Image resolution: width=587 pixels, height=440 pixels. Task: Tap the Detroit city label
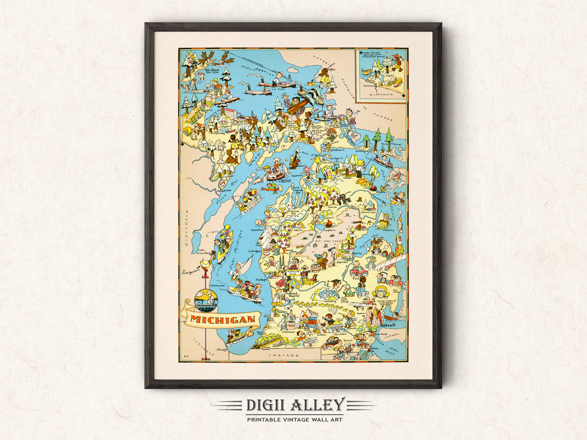click(x=388, y=325)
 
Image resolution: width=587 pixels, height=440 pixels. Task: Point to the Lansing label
click(x=330, y=301)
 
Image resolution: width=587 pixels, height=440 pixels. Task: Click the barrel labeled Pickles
click(x=316, y=268)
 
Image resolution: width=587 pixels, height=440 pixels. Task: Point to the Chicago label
click(x=222, y=350)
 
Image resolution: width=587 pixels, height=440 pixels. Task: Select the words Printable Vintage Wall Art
click(x=295, y=420)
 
